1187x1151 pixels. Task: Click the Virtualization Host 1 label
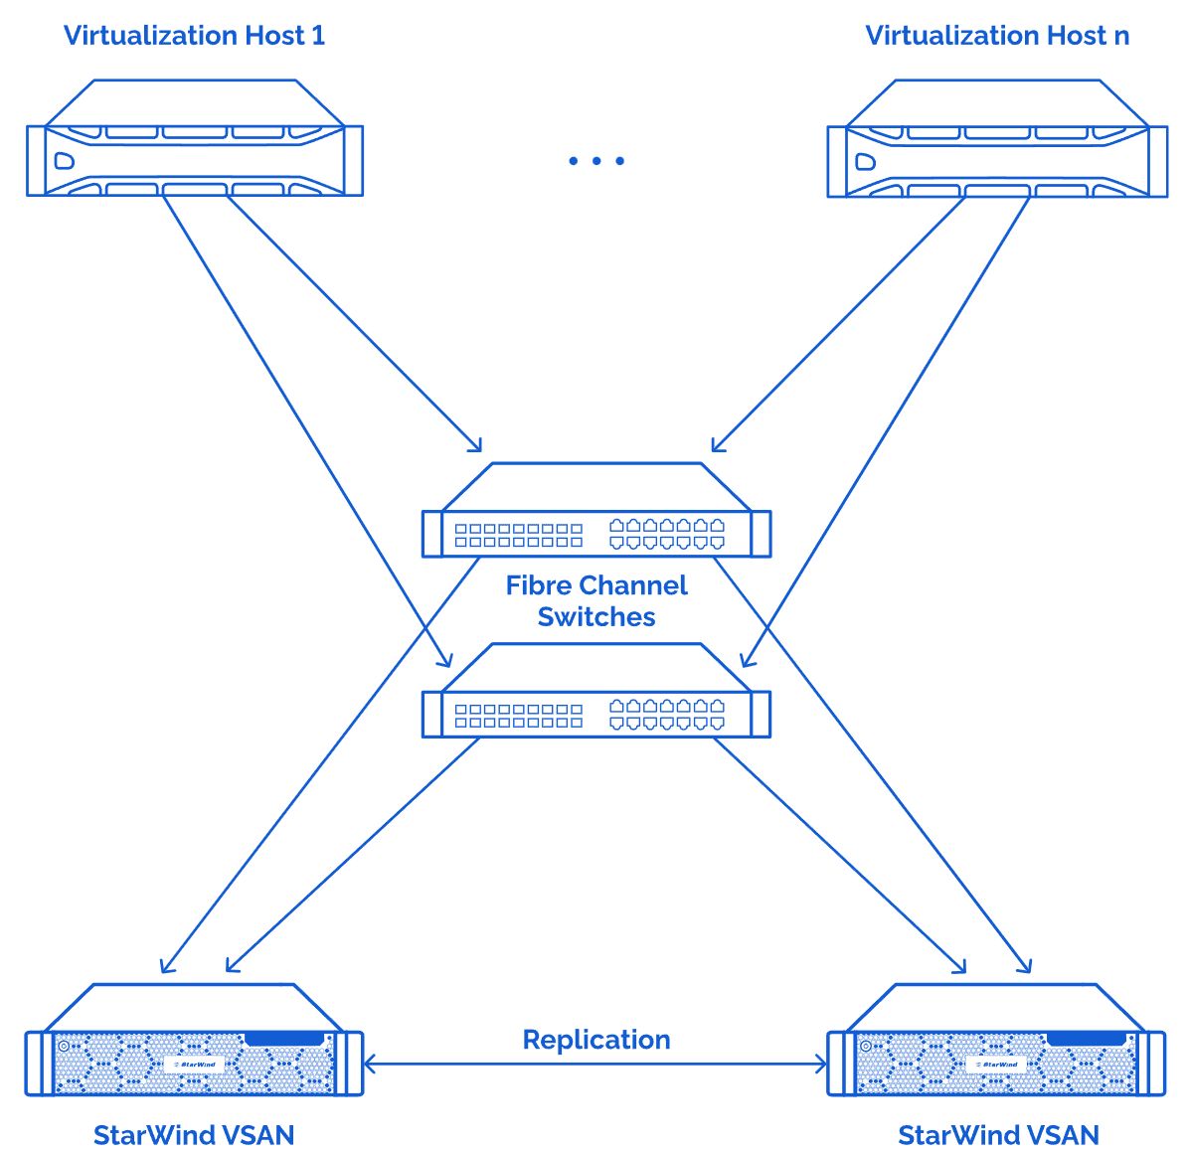point(194,36)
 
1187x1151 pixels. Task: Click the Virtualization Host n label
point(997,36)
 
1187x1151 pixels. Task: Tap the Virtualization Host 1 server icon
point(195,139)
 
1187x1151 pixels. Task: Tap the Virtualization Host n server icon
point(997,139)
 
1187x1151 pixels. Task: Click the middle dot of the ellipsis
point(596,161)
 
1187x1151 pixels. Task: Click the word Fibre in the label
point(542,585)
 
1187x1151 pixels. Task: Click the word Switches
point(596,617)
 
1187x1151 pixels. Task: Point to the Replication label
point(596,1040)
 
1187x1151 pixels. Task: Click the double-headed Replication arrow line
point(596,1065)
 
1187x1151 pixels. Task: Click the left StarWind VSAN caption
point(194,1135)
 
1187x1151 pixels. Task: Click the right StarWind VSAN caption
point(998,1135)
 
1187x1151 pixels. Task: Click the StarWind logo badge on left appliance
point(195,1064)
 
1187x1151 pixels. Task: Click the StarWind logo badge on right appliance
point(997,1064)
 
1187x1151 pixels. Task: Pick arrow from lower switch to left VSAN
point(353,855)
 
